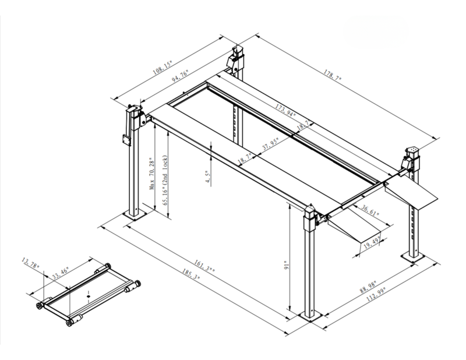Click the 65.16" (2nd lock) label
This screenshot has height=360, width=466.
tap(165, 181)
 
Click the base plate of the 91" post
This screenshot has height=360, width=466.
tap(308, 316)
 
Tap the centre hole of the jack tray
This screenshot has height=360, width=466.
tap(87, 297)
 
